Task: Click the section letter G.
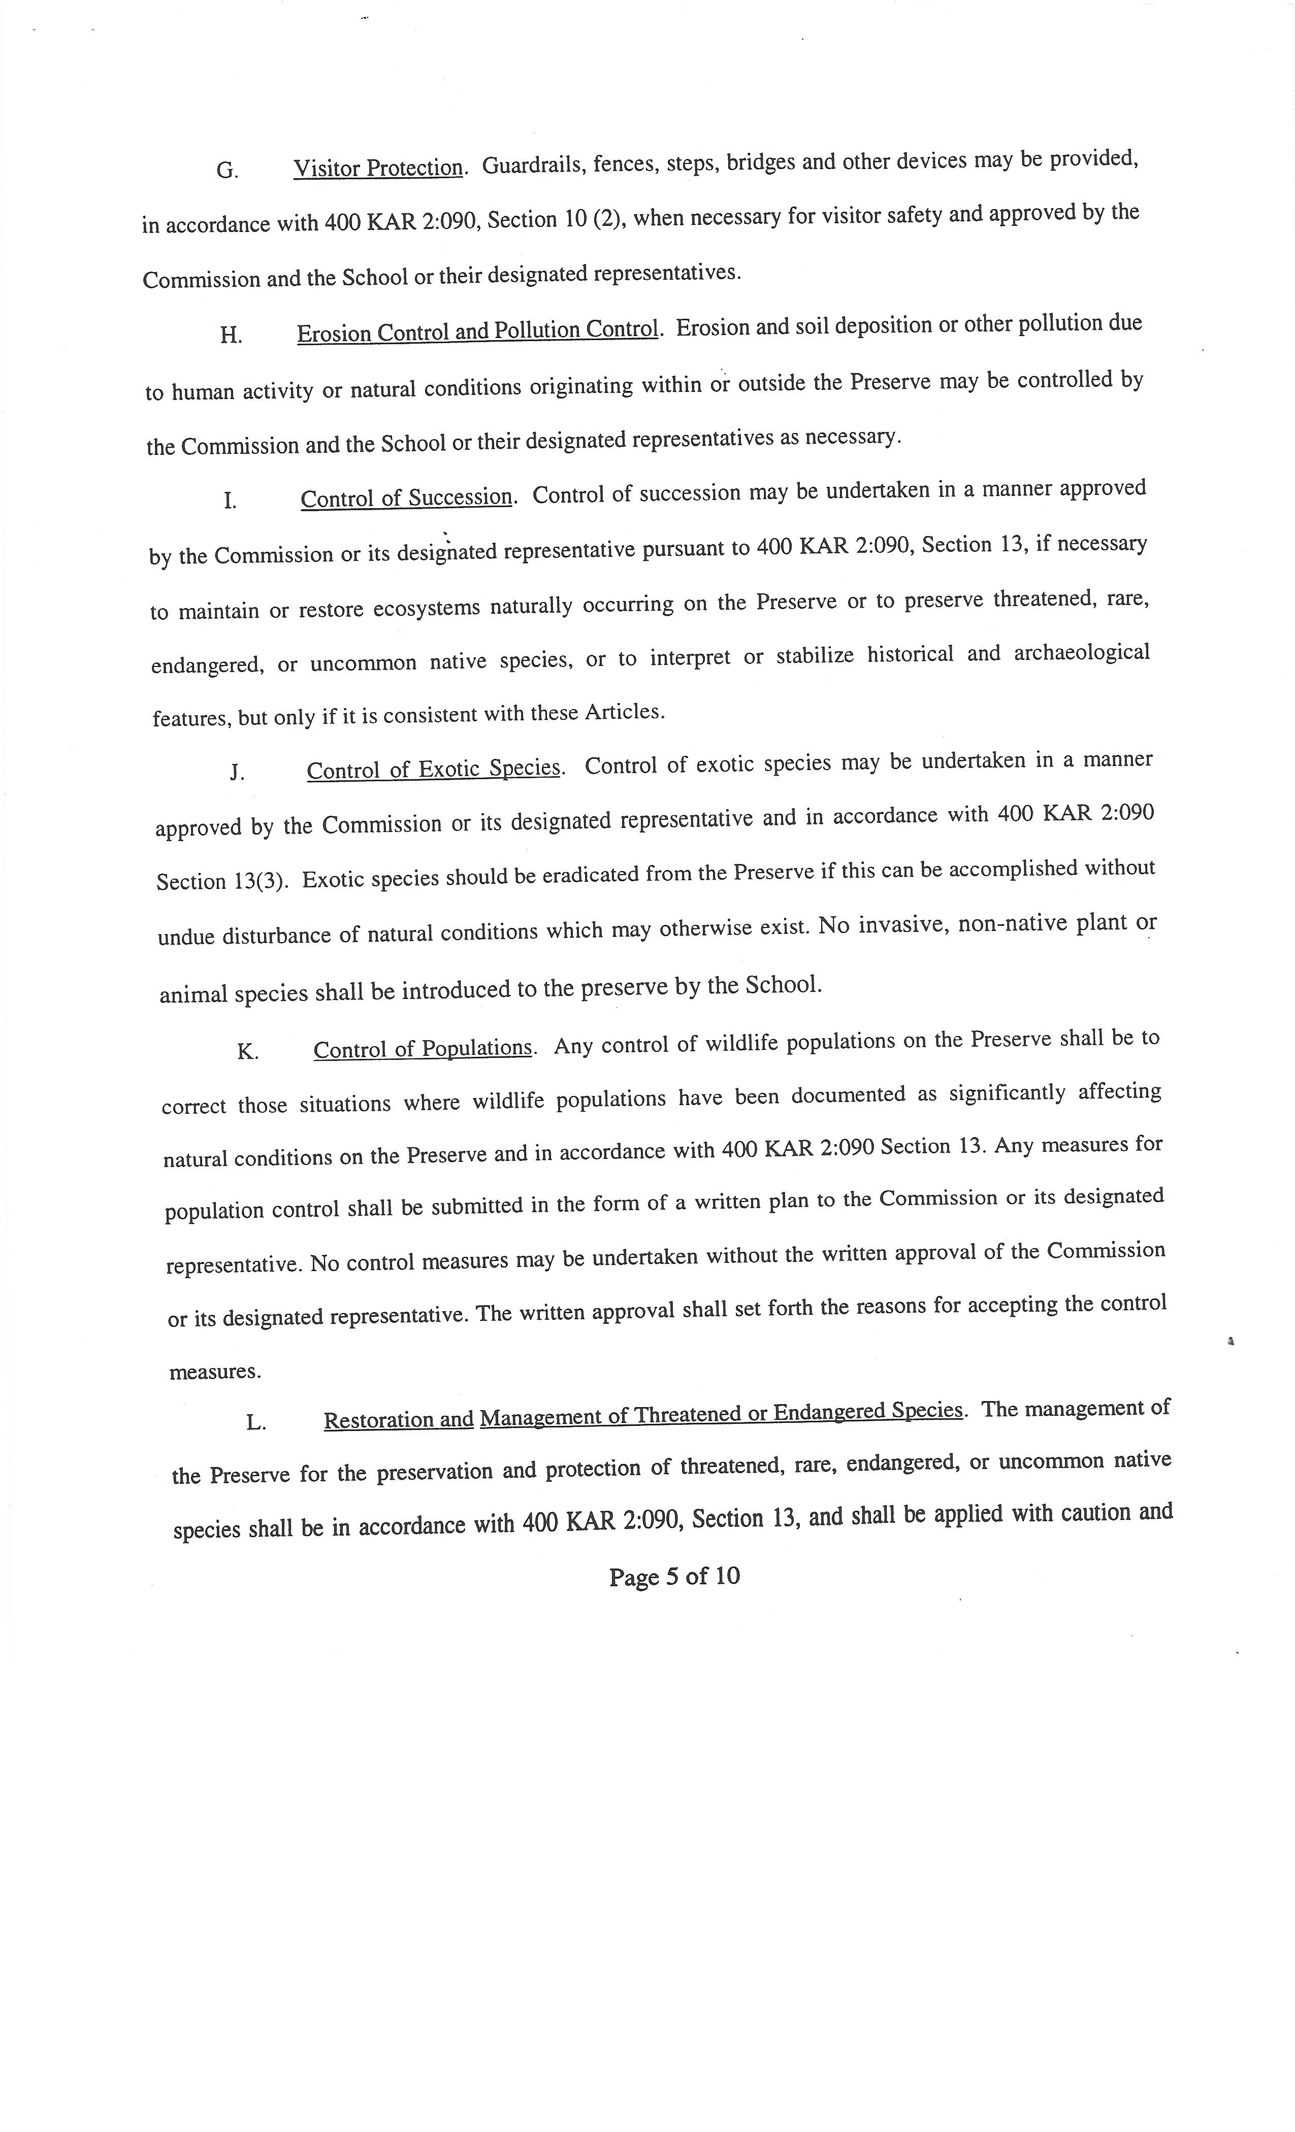tap(227, 171)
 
